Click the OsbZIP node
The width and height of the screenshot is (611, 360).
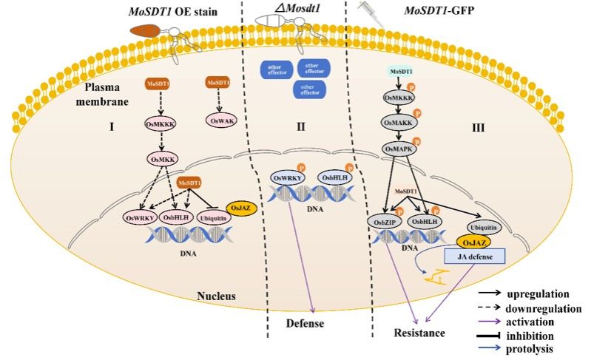[382, 222]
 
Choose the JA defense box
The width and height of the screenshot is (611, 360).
[475, 256]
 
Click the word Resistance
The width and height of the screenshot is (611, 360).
[419, 333]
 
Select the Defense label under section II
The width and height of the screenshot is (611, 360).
[305, 324]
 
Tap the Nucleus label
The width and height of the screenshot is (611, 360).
[216, 296]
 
